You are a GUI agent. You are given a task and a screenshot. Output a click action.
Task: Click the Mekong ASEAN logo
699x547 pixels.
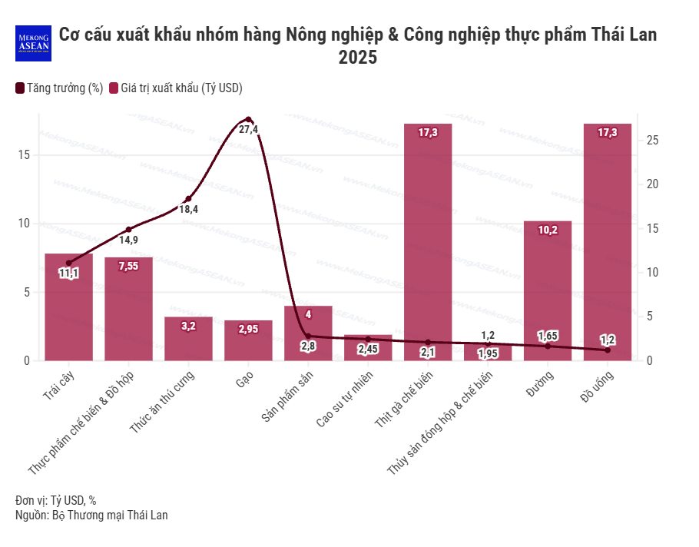33,44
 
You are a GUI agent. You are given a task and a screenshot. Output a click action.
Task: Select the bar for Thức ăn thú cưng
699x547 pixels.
188,339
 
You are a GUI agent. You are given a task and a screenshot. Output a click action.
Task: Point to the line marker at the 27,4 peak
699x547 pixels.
248,119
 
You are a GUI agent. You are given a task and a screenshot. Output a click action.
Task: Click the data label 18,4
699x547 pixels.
188,209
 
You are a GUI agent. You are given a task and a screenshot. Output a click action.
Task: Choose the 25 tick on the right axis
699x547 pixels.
652,141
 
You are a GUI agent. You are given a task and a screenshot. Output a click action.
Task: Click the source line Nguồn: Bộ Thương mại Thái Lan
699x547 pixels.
91,516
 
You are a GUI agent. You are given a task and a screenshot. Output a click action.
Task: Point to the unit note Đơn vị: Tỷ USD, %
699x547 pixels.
55,500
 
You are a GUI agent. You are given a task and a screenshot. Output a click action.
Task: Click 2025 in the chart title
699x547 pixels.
358,58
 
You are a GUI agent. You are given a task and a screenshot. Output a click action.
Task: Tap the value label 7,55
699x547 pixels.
128,267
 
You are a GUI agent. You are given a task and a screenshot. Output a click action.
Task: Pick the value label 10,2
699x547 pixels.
548,230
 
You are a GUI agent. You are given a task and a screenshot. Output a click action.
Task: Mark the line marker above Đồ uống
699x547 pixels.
608,350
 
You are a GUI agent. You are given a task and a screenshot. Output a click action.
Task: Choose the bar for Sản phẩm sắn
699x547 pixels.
308,333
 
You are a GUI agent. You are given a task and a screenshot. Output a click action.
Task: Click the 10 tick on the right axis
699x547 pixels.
652,273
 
